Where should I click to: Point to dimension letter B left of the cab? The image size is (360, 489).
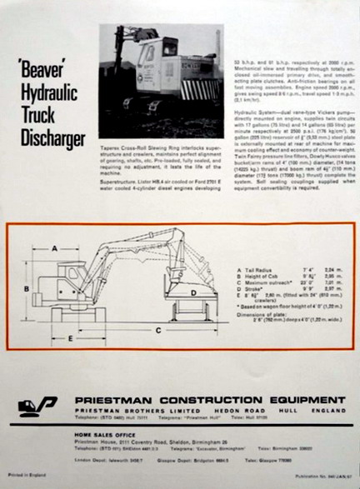[x=27, y=289]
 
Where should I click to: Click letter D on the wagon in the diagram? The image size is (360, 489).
[x=192, y=292]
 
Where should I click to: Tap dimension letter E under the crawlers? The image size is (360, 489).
[x=71, y=340]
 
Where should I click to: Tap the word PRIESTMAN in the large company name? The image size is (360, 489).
[x=113, y=401]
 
